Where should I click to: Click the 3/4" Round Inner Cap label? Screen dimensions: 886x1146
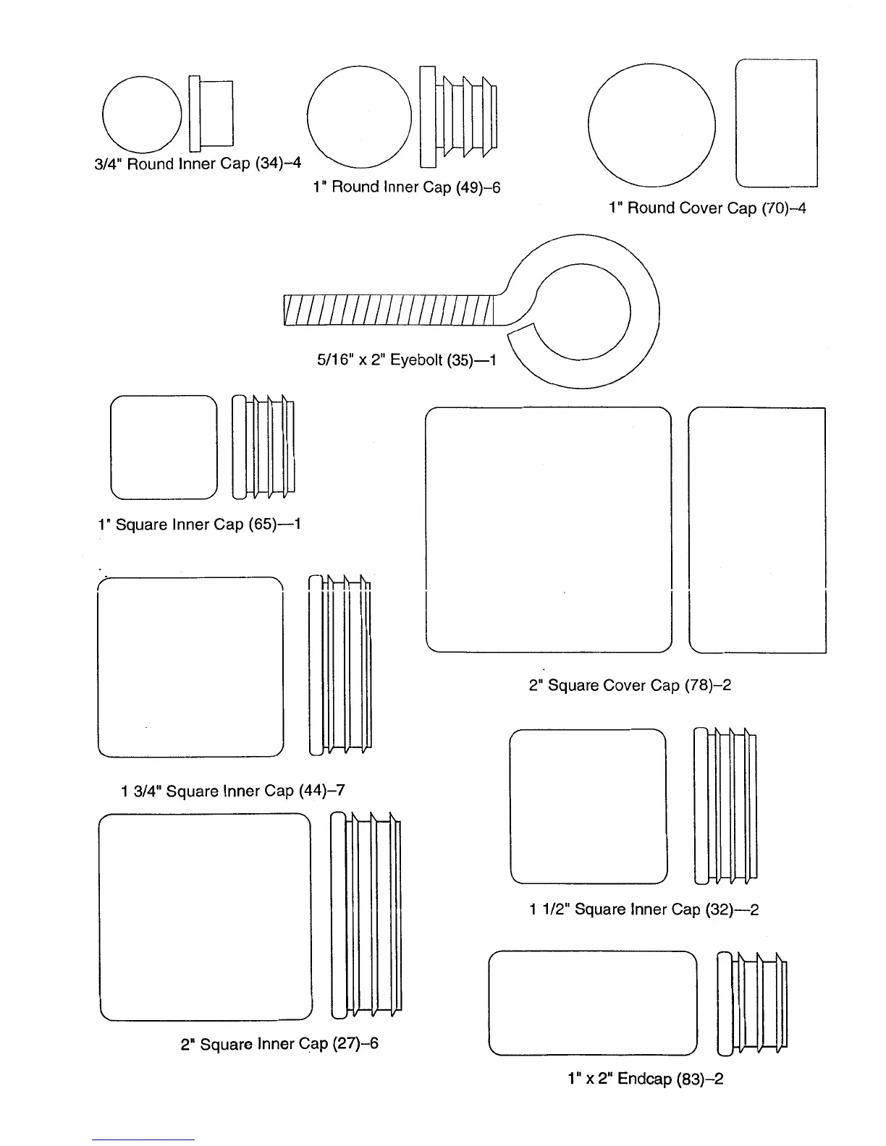pos(198,164)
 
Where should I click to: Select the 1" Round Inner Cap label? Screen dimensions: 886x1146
pos(406,187)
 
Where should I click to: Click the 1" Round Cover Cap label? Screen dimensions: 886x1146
pos(706,208)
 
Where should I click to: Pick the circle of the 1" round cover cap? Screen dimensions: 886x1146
pos(651,125)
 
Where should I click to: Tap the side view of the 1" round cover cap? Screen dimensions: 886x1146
pos(776,123)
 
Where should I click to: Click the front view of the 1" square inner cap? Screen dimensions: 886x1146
pos(164,447)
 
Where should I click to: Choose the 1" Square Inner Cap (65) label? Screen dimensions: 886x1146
pos(199,524)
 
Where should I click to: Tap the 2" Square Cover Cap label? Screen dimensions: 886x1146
pos(630,684)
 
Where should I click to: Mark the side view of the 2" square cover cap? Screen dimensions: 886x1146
pos(757,530)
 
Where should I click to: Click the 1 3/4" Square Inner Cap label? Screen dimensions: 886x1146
pos(232,791)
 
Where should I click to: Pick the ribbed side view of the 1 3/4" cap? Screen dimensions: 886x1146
pos(340,664)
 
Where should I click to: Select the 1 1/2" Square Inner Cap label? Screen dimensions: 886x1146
pos(644,909)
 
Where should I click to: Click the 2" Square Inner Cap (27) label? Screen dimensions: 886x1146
pos(279,1044)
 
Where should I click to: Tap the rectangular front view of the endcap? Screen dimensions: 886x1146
pos(593,1003)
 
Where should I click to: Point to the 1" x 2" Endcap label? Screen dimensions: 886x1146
pos(645,1079)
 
